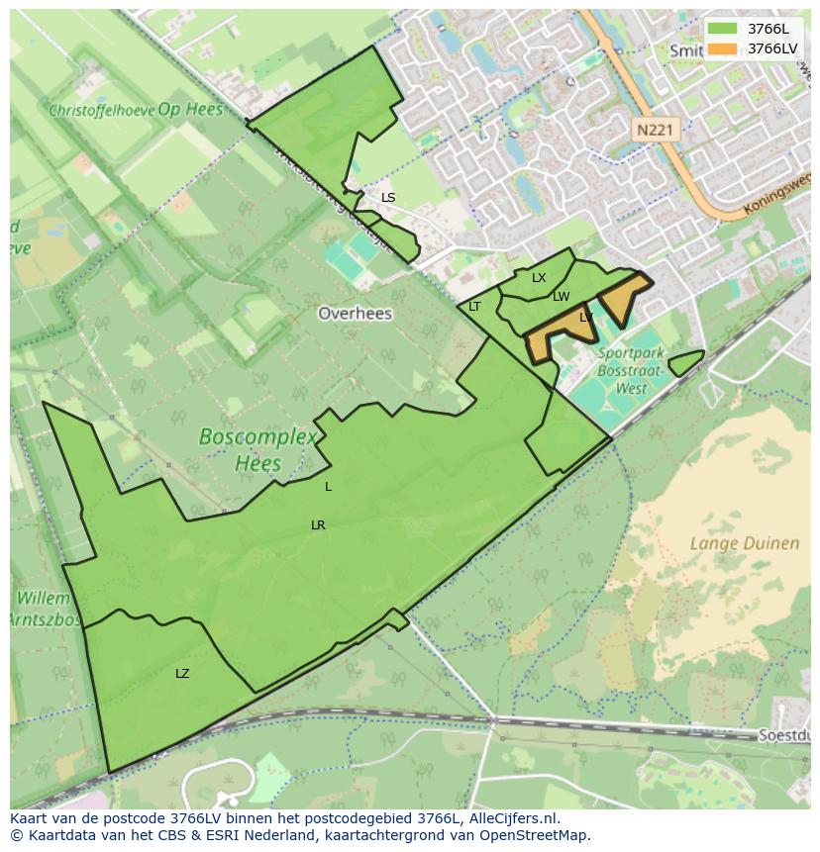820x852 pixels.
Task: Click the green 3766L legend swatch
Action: pos(722,28)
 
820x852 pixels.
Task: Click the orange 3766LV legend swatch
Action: pos(722,47)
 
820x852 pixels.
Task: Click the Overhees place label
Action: pos(355,314)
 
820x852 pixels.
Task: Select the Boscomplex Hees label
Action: pos(257,449)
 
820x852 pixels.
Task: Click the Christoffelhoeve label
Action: pos(101,110)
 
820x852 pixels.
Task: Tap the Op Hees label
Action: pos(190,109)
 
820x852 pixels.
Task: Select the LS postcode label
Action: pos(388,198)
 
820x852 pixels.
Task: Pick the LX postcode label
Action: pos(539,278)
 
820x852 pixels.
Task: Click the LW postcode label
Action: pos(562,297)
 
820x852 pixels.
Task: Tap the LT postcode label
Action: pos(474,307)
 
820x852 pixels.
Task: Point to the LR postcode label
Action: pos(318,525)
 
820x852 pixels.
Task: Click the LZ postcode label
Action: pos(182,674)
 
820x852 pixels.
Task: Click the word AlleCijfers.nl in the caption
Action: pos(512,818)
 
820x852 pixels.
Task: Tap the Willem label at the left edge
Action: pos(44,599)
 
